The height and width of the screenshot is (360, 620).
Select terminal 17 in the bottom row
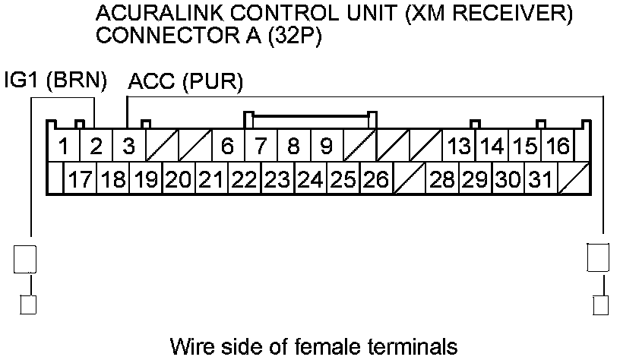(x=80, y=180)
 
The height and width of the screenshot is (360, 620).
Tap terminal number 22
(x=245, y=180)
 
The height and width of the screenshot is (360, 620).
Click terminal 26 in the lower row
(x=375, y=180)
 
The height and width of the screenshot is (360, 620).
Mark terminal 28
(x=441, y=180)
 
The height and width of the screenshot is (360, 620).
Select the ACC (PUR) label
(x=185, y=82)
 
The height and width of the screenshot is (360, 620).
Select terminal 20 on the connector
(x=179, y=180)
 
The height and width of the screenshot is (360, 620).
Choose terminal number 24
(x=310, y=180)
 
